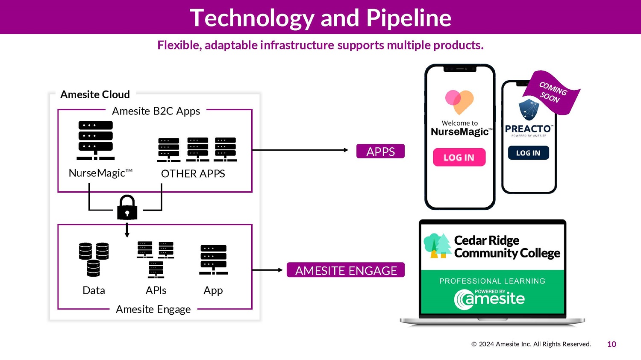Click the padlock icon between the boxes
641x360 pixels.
(127, 208)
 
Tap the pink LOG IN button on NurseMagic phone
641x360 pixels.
(459, 157)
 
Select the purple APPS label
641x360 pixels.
(380, 152)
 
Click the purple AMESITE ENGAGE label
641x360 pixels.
(346, 270)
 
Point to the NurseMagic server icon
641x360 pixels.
(96, 140)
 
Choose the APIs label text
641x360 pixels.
(156, 290)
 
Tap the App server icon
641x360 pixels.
(213, 260)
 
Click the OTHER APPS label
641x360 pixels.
(193, 174)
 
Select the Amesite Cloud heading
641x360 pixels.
(95, 94)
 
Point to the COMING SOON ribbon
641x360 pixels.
(553, 92)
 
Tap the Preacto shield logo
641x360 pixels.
(529, 109)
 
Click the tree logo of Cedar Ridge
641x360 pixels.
(437, 246)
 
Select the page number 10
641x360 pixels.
(612, 344)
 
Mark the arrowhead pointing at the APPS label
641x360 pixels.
(346, 150)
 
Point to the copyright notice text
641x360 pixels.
(531, 344)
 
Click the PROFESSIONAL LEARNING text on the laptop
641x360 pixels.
(492, 281)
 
